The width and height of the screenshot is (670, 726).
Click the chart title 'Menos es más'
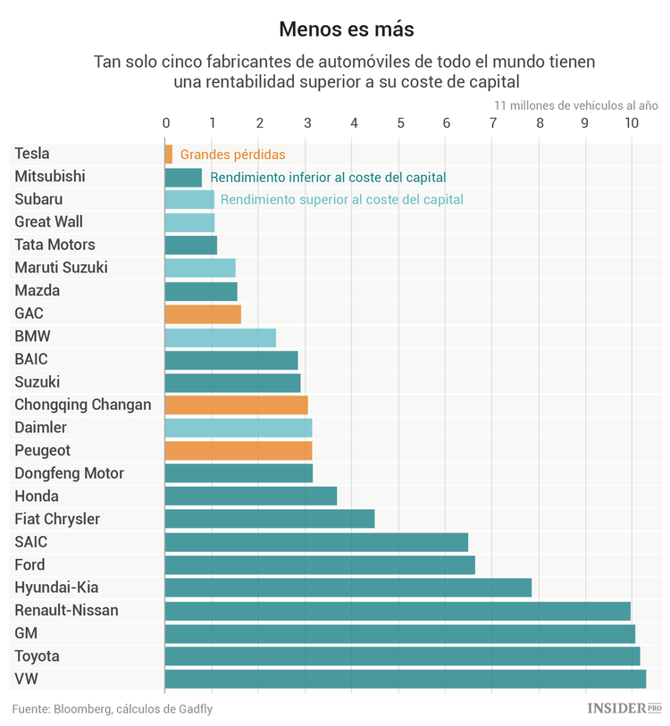tap(346, 29)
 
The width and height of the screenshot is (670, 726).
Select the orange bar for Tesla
tap(169, 154)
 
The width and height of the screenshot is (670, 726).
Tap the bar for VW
tap(405, 679)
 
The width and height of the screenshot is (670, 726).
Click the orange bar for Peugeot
tap(239, 450)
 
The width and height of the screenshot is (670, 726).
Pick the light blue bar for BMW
tap(221, 337)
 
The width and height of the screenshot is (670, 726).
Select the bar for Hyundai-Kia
tap(348, 588)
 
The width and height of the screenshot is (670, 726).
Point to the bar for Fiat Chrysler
tap(270, 519)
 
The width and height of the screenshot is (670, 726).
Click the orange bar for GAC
tap(203, 313)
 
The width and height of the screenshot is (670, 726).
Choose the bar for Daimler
tap(239, 428)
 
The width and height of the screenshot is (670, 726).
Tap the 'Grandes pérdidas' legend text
tap(232, 154)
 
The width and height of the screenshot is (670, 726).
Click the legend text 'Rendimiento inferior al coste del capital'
tap(328, 178)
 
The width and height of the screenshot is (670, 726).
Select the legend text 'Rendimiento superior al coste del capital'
tap(341, 200)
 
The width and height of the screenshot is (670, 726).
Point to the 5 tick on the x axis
tap(400, 123)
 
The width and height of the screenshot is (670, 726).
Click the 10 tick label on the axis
tap(632, 123)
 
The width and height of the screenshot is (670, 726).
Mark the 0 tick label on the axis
tap(166, 123)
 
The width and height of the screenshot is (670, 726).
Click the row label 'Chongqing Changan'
tap(83, 405)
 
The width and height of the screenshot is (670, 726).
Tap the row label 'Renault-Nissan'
tap(66, 611)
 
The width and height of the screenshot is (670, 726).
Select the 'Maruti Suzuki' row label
tap(61, 268)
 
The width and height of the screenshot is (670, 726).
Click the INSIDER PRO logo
tap(624, 708)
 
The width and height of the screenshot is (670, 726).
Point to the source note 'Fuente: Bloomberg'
tap(113, 709)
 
